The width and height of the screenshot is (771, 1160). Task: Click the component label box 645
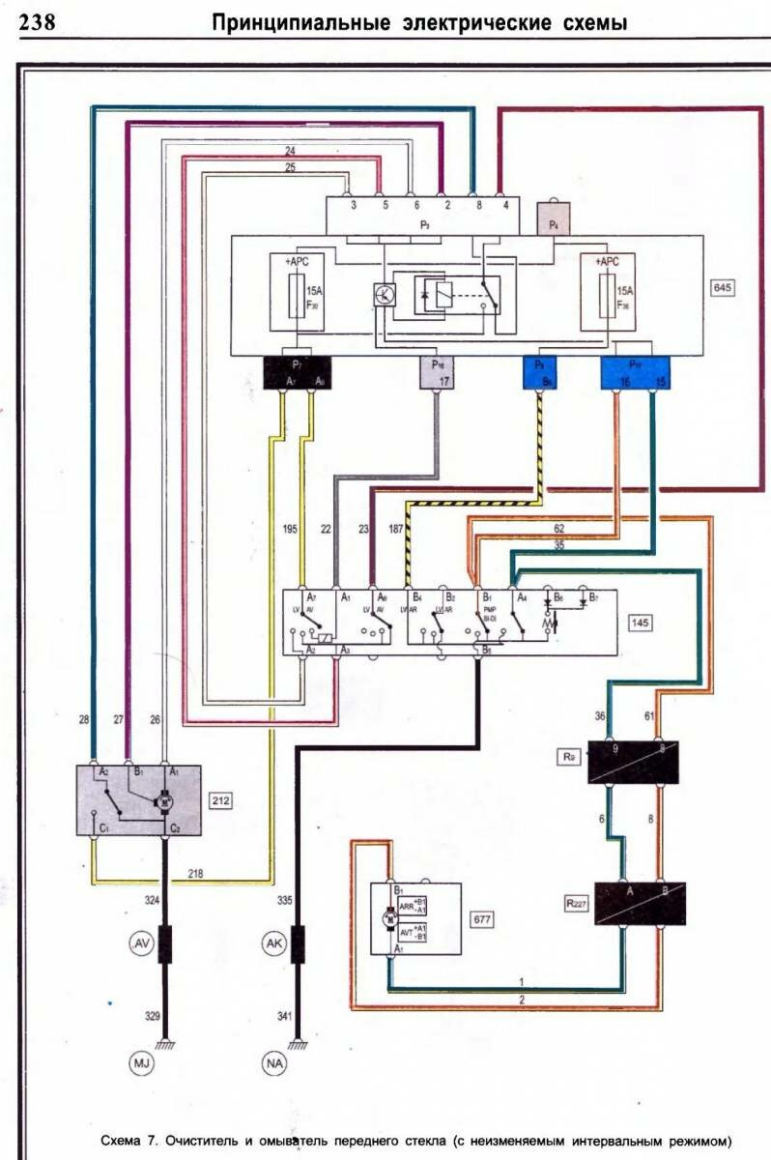pos(722,288)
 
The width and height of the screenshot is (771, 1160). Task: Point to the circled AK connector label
pos(276,943)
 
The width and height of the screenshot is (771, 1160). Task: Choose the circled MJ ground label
pos(140,1065)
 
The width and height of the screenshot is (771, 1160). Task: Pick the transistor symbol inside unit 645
pos(384,295)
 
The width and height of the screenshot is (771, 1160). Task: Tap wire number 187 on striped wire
pos(396,530)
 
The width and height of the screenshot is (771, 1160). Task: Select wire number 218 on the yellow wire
pos(222,873)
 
